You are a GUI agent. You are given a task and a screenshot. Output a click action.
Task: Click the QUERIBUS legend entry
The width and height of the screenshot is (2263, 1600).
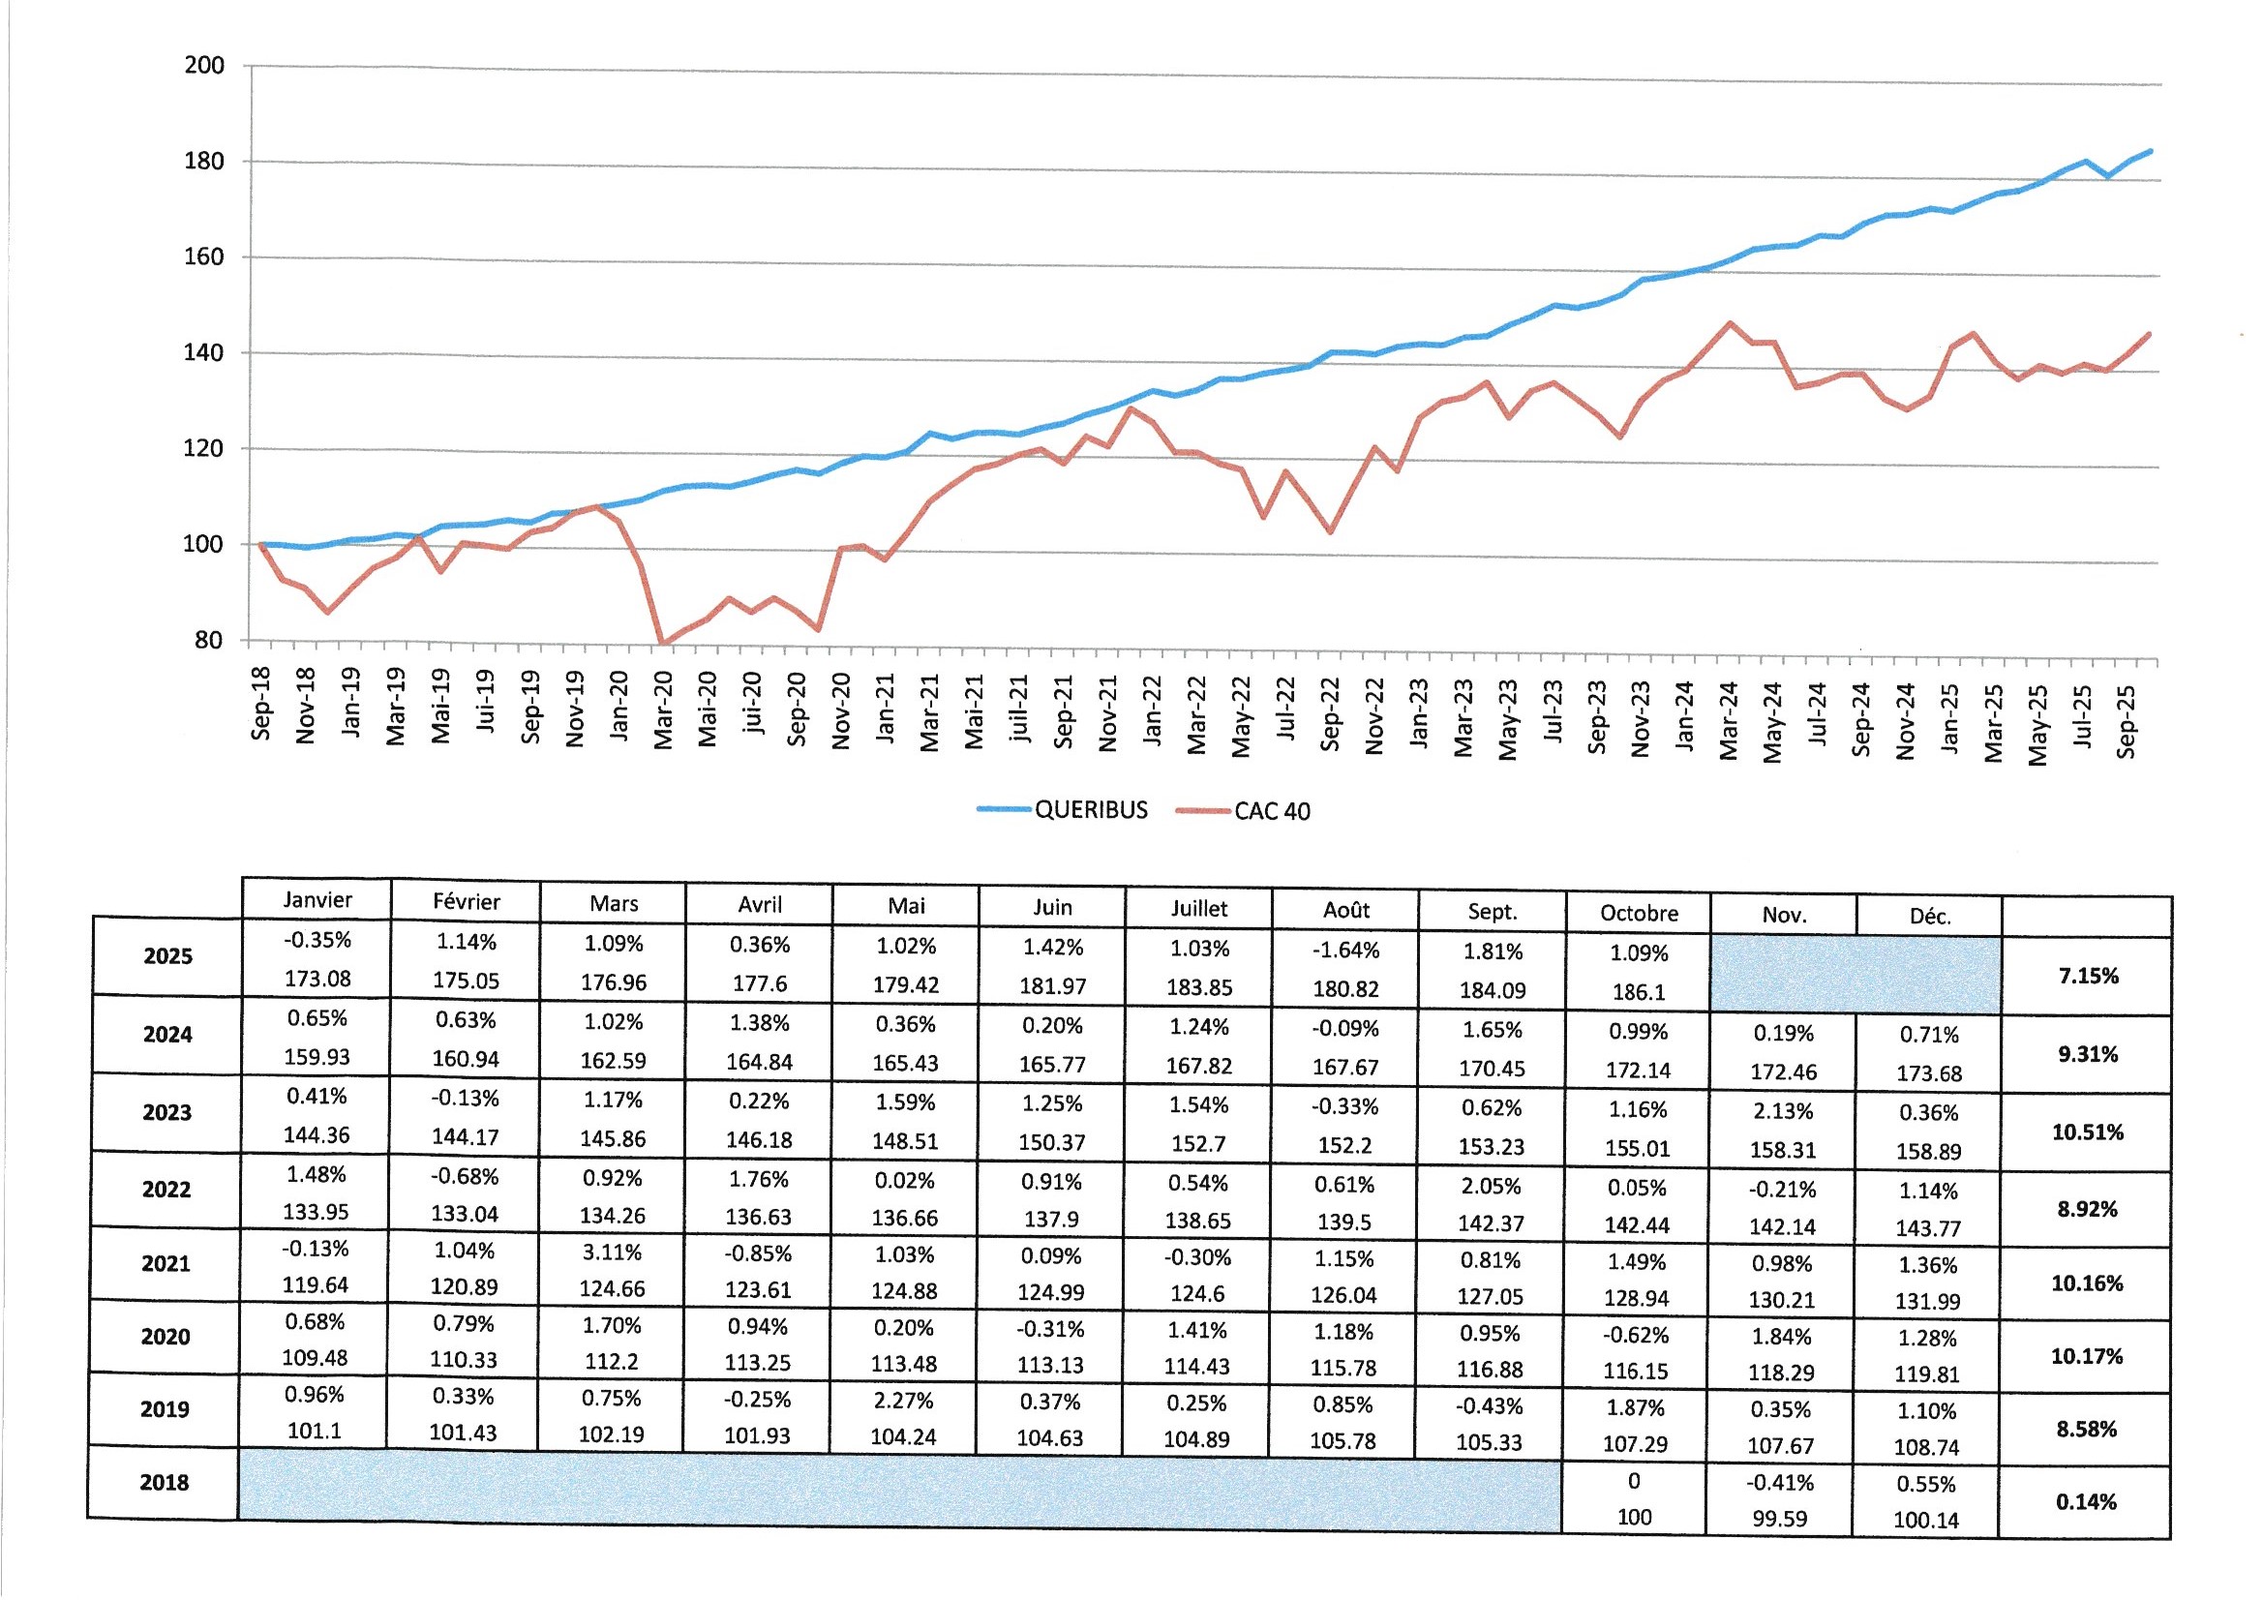click(1090, 809)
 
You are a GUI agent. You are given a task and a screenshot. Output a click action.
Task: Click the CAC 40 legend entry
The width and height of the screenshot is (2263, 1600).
click(1272, 811)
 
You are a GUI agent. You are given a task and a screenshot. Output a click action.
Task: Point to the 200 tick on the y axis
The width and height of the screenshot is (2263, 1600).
click(204, 65)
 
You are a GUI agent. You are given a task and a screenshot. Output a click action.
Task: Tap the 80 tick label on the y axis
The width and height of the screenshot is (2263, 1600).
click(208, 640)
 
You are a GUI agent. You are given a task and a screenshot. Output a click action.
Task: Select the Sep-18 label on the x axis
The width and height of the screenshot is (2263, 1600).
click(260, 704)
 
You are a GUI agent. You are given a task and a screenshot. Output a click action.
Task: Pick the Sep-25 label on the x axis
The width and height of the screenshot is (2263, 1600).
click(2126, 722)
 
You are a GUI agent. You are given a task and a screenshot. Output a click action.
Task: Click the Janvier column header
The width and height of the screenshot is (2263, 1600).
click(317, 899)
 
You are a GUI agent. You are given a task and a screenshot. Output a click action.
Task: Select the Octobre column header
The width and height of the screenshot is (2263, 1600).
click(1638, 913)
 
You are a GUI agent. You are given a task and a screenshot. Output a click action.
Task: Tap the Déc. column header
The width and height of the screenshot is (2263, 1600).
click(1930, 916)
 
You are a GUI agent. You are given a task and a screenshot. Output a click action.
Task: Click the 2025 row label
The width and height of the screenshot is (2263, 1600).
click(167, 956)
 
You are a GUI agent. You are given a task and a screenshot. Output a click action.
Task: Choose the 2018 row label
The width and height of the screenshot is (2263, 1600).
click(164, 1483)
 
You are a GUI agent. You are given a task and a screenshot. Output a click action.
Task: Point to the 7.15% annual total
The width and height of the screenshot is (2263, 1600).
click(2088, 976)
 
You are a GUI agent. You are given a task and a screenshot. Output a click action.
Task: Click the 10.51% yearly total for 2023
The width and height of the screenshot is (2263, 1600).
click(2087, 1132)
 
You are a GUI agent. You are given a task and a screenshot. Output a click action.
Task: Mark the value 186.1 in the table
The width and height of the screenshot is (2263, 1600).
click(1638, 992)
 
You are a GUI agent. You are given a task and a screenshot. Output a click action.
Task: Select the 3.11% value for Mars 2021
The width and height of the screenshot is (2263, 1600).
click(613, 1252)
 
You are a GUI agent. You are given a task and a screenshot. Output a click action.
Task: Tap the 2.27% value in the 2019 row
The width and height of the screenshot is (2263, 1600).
click(904, 1400)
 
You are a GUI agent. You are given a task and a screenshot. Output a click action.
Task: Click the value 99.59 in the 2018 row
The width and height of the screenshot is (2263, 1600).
click(1779, 1519)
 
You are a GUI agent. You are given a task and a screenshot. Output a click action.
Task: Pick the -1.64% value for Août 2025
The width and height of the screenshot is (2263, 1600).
click(1345, 951)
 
